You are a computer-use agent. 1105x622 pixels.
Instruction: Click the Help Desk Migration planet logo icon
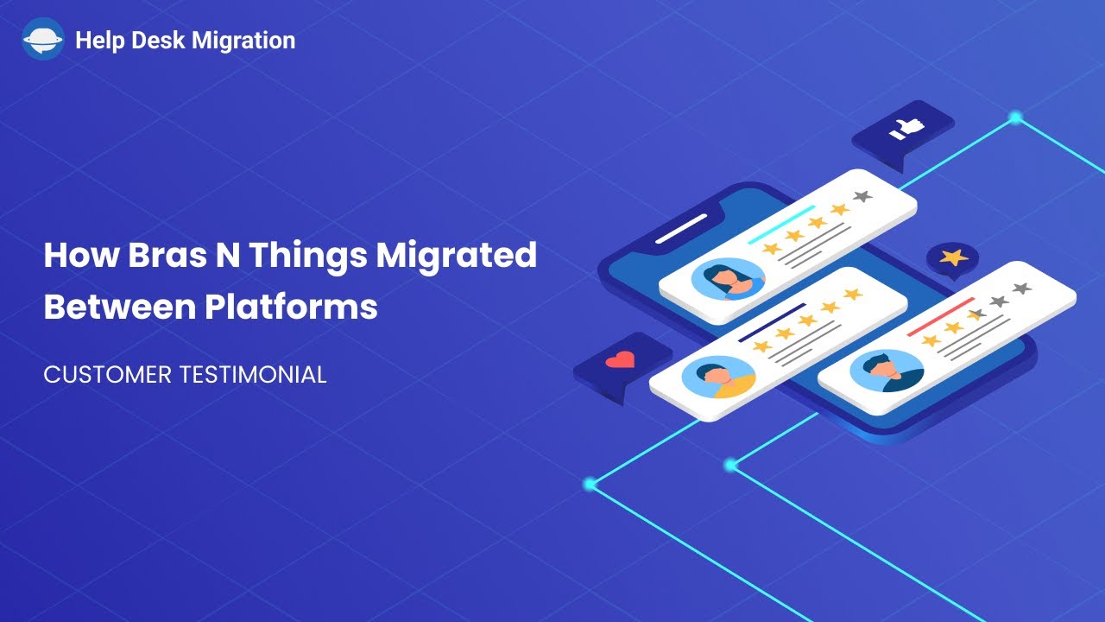pyautogui.click(x=42, y=40)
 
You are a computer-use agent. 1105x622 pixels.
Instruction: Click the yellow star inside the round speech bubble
pyautogui.click(x=952, y=257)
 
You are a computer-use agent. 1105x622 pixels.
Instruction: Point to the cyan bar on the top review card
pyautogui.click(x=781, y=224)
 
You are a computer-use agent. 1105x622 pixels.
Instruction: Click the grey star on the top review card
pyautogui.click(x=862, y=197)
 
